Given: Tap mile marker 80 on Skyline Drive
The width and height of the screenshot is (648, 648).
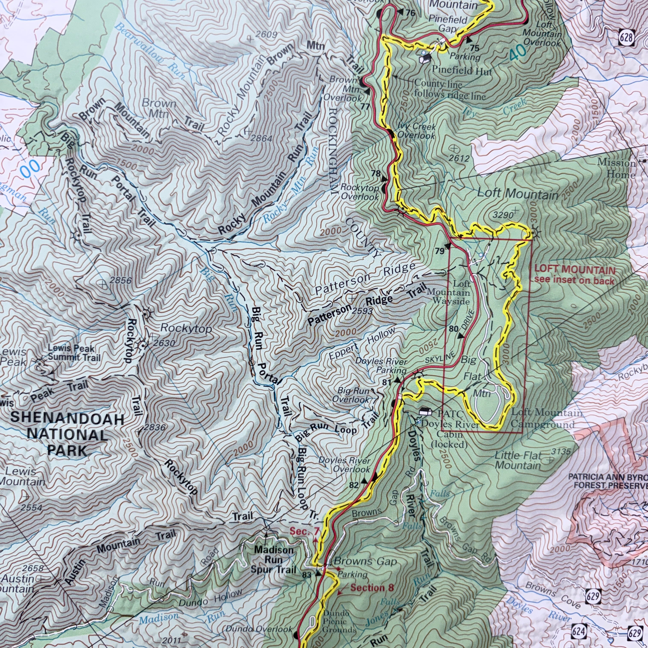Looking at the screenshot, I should click(x=453, y=329).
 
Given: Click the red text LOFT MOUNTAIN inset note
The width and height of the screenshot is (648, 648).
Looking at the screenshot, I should click(x=574, y=275).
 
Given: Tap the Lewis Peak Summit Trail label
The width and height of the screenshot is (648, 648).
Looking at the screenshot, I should click(x=74, y=353).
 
